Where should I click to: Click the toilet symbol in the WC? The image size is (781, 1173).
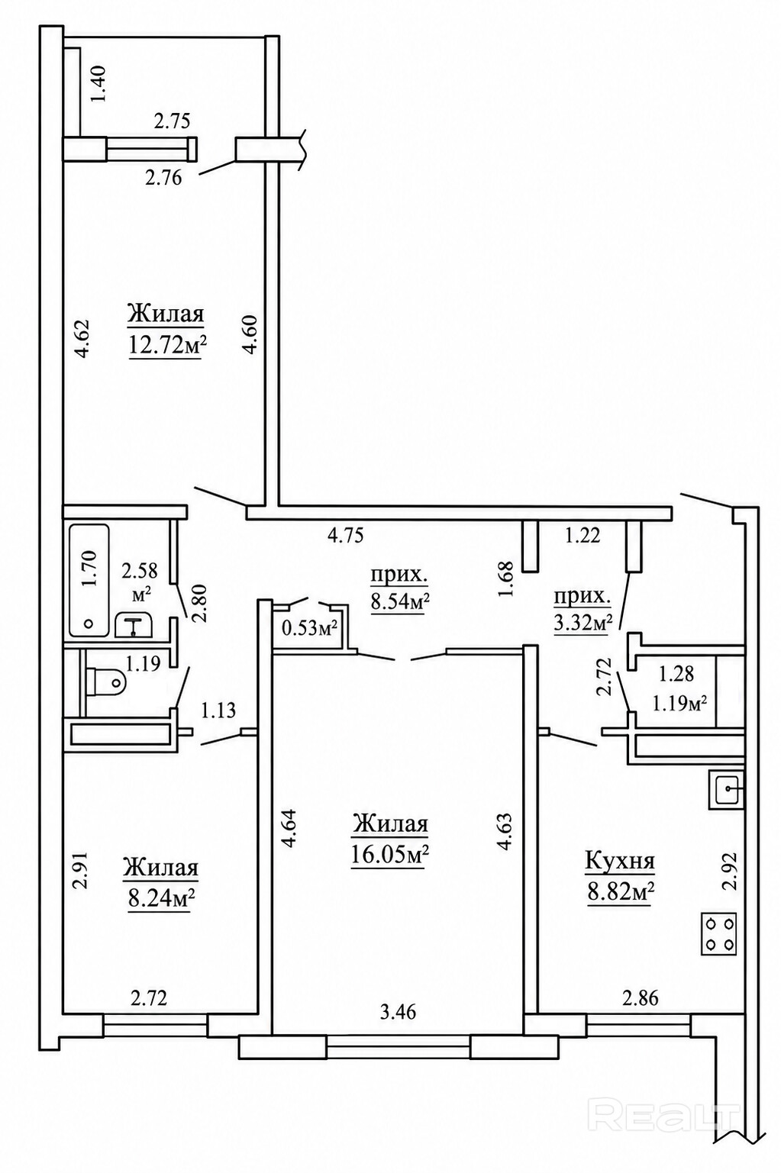coord(105,682)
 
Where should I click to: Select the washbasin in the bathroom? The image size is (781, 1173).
coord(134,624)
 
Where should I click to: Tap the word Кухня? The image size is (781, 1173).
coord(620,861)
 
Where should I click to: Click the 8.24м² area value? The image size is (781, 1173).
coord(161,900)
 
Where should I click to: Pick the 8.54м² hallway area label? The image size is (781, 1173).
coord(400,602)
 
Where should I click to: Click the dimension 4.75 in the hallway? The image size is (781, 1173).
coord(345,536)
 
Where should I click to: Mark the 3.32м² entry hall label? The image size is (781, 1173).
coord(583,624)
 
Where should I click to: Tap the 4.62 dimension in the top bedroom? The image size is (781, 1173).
coord(84,339)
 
